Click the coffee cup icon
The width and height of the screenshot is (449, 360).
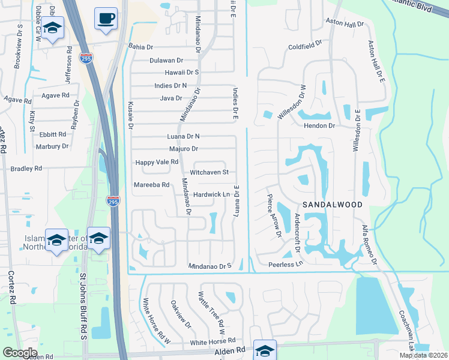(106, 17)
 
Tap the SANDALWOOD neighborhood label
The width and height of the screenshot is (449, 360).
(332, 205)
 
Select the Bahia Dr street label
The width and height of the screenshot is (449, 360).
(140, 46)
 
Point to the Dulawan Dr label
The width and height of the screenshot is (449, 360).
(166, 61)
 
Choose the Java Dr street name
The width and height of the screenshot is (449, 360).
(170, 98)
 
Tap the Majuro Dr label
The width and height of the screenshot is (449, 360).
(182, 149)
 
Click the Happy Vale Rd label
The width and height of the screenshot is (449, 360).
(157, 162)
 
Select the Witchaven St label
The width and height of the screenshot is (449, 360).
(209, 172)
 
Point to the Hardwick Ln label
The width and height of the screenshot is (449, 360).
(212, 194)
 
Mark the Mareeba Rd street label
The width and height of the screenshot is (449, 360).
(152, 185)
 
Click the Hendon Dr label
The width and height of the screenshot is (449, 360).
(319, 126)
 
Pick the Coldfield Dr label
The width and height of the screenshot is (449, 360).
(305, 46)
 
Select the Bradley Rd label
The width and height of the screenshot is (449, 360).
(26, 169)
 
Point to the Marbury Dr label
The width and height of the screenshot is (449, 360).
(52, 146)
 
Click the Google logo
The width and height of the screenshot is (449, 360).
(20, 353)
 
